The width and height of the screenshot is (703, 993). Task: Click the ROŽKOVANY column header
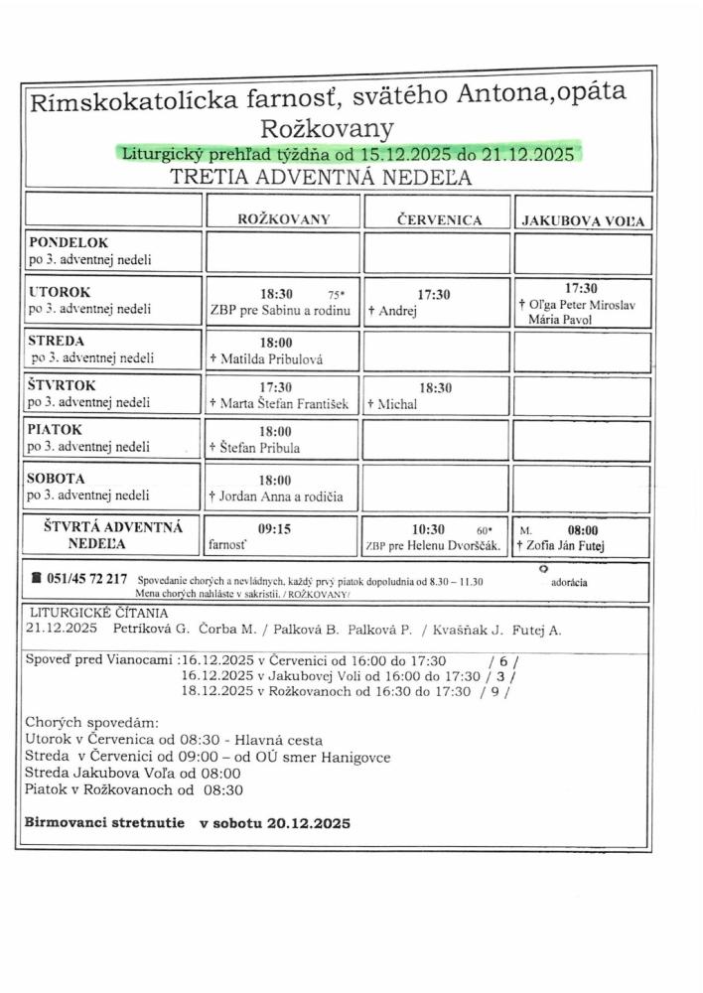coord(283,218)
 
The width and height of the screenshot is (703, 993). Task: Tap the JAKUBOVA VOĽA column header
coord(582,221)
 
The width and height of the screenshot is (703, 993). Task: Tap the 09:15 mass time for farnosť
coord(274,529)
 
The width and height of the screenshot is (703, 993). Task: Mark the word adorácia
coord(568,583)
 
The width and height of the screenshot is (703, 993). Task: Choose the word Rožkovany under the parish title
coord(327,128)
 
